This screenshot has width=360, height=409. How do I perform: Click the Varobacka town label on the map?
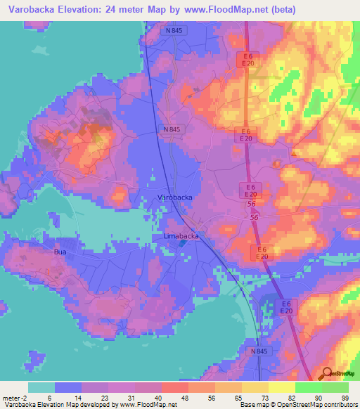click(174, 198)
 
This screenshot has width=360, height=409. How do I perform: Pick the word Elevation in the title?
click(83, 10)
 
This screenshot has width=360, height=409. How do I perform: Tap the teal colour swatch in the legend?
click(41, 387)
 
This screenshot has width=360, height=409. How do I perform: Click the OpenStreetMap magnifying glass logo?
click(328, 374)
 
